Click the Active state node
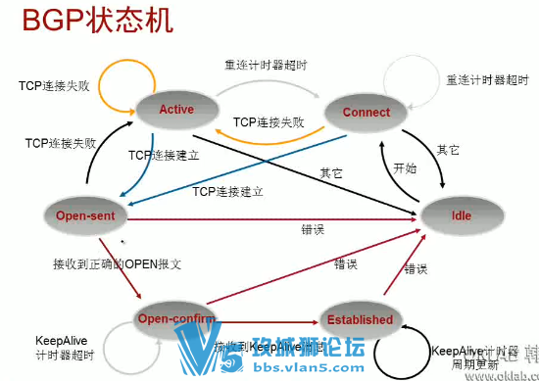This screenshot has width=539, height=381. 176,110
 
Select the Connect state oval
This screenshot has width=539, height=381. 366,113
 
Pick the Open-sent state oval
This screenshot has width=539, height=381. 86,214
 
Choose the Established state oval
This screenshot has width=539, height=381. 361,319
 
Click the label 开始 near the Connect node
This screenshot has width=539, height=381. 405,168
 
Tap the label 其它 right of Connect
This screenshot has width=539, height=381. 448,150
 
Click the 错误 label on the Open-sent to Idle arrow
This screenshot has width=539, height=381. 314,229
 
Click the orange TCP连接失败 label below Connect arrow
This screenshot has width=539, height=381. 268,123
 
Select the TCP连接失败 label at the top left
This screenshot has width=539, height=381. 57,86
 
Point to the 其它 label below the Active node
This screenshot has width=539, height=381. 330,172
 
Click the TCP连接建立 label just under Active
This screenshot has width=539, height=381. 163,156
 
